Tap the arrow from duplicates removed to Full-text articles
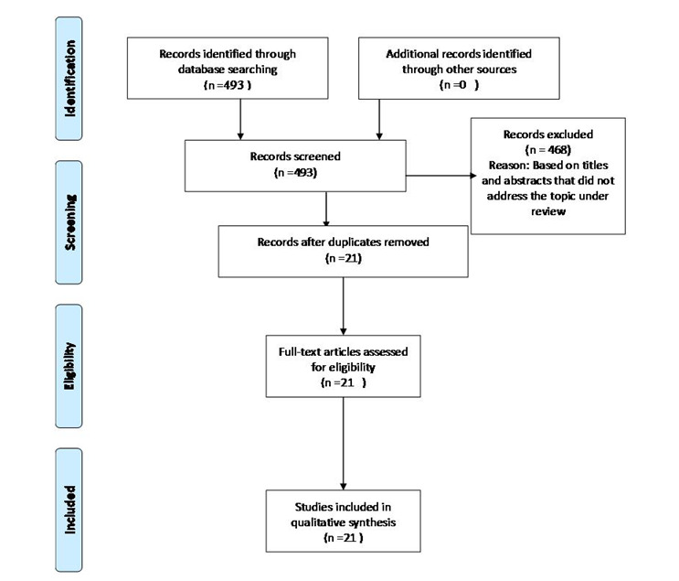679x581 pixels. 343,307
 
